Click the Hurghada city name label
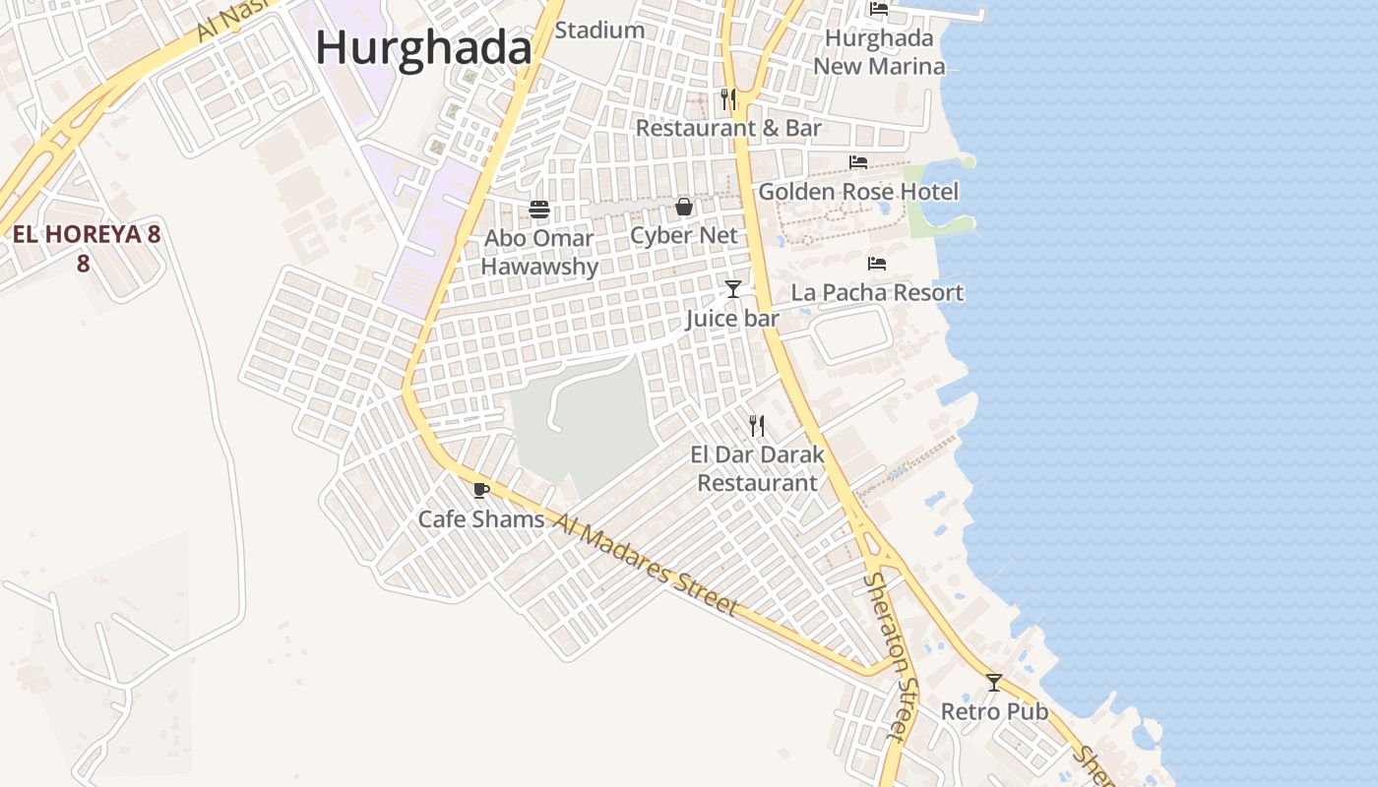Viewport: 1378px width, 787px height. (x=423, y=47)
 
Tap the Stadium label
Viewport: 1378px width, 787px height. (x=599, y=30)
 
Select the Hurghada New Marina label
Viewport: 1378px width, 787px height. (x=879, y=52)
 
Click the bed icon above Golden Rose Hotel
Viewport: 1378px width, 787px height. (x=858, y=162)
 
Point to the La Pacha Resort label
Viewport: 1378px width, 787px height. (x=877, y=292)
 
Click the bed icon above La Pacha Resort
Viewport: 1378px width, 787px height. (x=877, y=264)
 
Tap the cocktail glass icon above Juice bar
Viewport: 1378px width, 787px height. (x=732, y=288)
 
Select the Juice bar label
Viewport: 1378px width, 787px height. (x=732, y=318)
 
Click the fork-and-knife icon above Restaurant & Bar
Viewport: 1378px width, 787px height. (x=728, y=99)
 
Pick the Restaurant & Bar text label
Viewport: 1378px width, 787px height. (x=728, y=128)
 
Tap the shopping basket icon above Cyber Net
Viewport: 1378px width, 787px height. (x=683, y=207)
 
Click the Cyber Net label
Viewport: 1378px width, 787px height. (x=683, y=235)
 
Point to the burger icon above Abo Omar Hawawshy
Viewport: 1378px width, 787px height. (x=539, y=210)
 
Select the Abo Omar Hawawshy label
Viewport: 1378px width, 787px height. (x=539, y=252)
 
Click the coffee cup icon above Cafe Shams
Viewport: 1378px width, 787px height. (x=480, y=490)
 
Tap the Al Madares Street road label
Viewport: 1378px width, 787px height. (x=645, y=565)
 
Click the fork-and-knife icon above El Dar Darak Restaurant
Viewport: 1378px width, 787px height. (x=756, y=426)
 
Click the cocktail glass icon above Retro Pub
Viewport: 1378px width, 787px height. (x=994, y=682)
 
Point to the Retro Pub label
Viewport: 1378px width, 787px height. (x=994, y=711)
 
